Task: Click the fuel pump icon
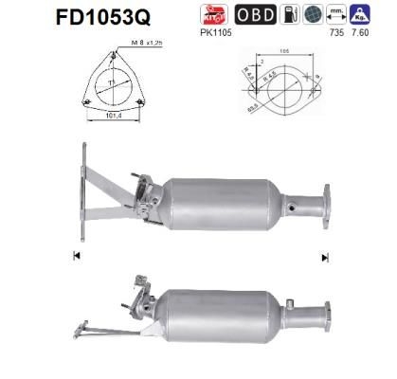tap(293, 15)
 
